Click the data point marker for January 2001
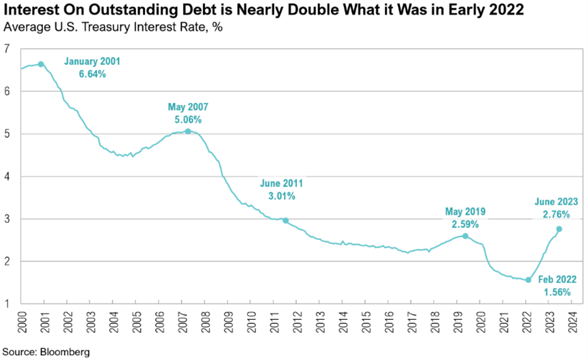click(41, 64)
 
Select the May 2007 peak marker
click(188, 131)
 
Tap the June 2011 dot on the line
click(285, 220)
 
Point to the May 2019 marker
click(465, 236)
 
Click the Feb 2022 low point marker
click(528, 280)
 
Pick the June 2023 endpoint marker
click(559, 229)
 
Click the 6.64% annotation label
click(92, 74)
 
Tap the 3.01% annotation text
click(281, 196)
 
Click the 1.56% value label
click(557, 292)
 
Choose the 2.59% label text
click(465, 224)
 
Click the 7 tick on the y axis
click(7, 49)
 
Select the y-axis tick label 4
click(7, 176)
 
